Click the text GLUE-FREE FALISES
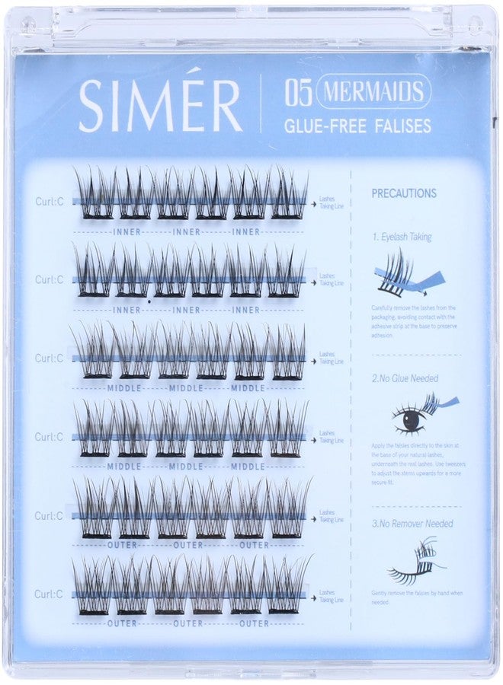(x=357, y=126)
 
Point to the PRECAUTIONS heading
(x=404, y=193)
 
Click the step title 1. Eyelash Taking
(x=402, y=237)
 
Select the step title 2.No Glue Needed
(x=405, y=378)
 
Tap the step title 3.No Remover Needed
(x=412, y=524)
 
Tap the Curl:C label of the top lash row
(x=49, y=202)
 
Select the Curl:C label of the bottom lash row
(x=49, y=594)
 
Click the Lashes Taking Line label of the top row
(x=327, y=202)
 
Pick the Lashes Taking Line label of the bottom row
(x=327, y=594)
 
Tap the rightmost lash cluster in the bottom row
(x=286, y=587)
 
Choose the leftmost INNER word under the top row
(x=126, y=231)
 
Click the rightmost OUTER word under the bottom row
(x=254, y=623)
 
